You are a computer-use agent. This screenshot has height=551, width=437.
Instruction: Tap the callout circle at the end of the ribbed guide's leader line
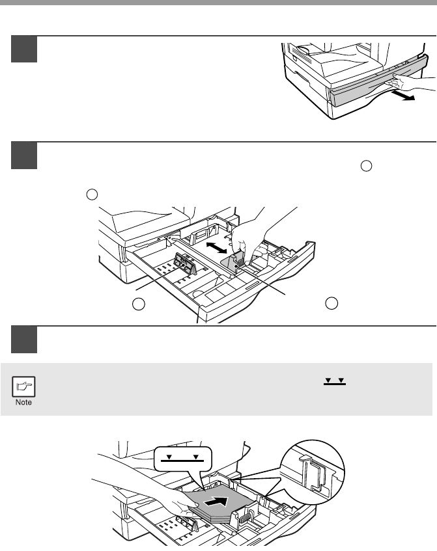coord(138,303)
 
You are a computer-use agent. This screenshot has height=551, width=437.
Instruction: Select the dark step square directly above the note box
coord(24,340)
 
